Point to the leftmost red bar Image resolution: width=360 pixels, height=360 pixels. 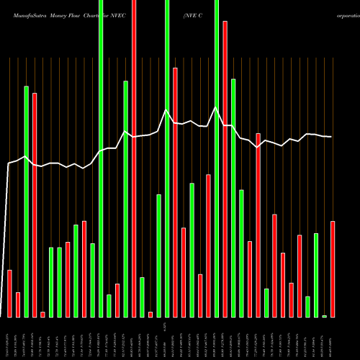click(x=9, y=293)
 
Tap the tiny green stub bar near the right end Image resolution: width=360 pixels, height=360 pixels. click(x=324, y=316)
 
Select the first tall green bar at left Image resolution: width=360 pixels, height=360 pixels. click(x=26, y=202)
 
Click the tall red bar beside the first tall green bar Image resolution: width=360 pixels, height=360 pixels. click(x=35, y=205)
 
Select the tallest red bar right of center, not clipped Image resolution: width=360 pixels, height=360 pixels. click(x=225, y=169)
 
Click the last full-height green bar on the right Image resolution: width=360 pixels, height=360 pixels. click(x=216, y=158)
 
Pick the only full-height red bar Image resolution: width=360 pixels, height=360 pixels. click(x=134, y=158)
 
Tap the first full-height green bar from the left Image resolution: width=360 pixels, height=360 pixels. click(x=101, y=158)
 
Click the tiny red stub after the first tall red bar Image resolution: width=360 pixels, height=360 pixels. click(x=42, y=314)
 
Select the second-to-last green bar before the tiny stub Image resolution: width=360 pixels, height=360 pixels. click(x=307, y=307)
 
